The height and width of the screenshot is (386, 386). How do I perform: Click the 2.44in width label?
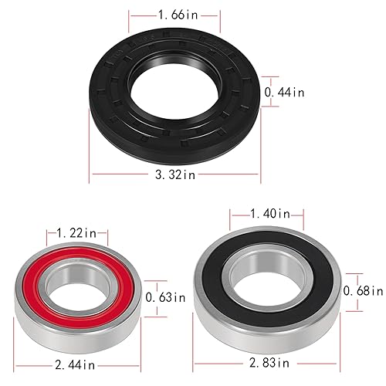(x=77, y=361)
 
